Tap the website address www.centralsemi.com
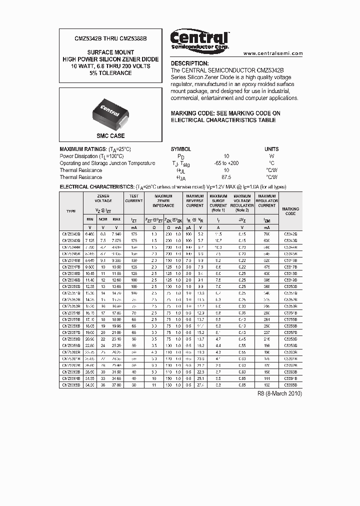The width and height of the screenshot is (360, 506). [273, 53]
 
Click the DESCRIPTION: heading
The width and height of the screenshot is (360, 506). [190, 63]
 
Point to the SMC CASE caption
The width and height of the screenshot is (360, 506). [110, 135]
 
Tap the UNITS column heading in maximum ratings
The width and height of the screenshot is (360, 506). [271, 149]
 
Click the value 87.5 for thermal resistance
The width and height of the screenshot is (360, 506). [226, 177]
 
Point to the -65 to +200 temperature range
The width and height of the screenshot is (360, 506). [226, 163]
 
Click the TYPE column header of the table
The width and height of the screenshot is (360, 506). [71, 211]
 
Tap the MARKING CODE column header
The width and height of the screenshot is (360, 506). [290, 211]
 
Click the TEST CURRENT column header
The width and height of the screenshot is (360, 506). [133, 198]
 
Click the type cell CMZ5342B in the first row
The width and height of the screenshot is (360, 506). [71, 234]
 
